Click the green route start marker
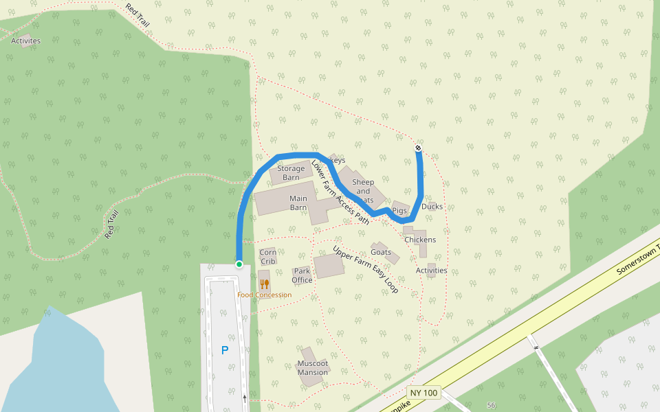tap(239, 264)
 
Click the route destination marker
tap(418, 148)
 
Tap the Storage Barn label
tap(291, 173)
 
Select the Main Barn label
tap(298, 203)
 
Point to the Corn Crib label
tap(268, 257)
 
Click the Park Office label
tap(302, 275)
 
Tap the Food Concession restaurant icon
tap(265, 284)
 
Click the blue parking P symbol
tap(225, 350)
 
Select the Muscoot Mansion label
tap(313, 368)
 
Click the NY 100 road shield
tap(423, 393)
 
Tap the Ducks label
tap(432, 207)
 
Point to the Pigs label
tap(400, 211)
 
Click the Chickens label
tap(420, 240)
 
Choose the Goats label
tap(381, 252)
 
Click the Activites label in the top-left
tap(26, 41)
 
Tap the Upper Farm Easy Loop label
tap(365, 269)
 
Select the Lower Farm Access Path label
tap(340, 192)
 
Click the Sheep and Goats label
tap(363, 191)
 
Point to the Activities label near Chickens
tap(432, 271)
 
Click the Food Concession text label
tap(265, 295)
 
